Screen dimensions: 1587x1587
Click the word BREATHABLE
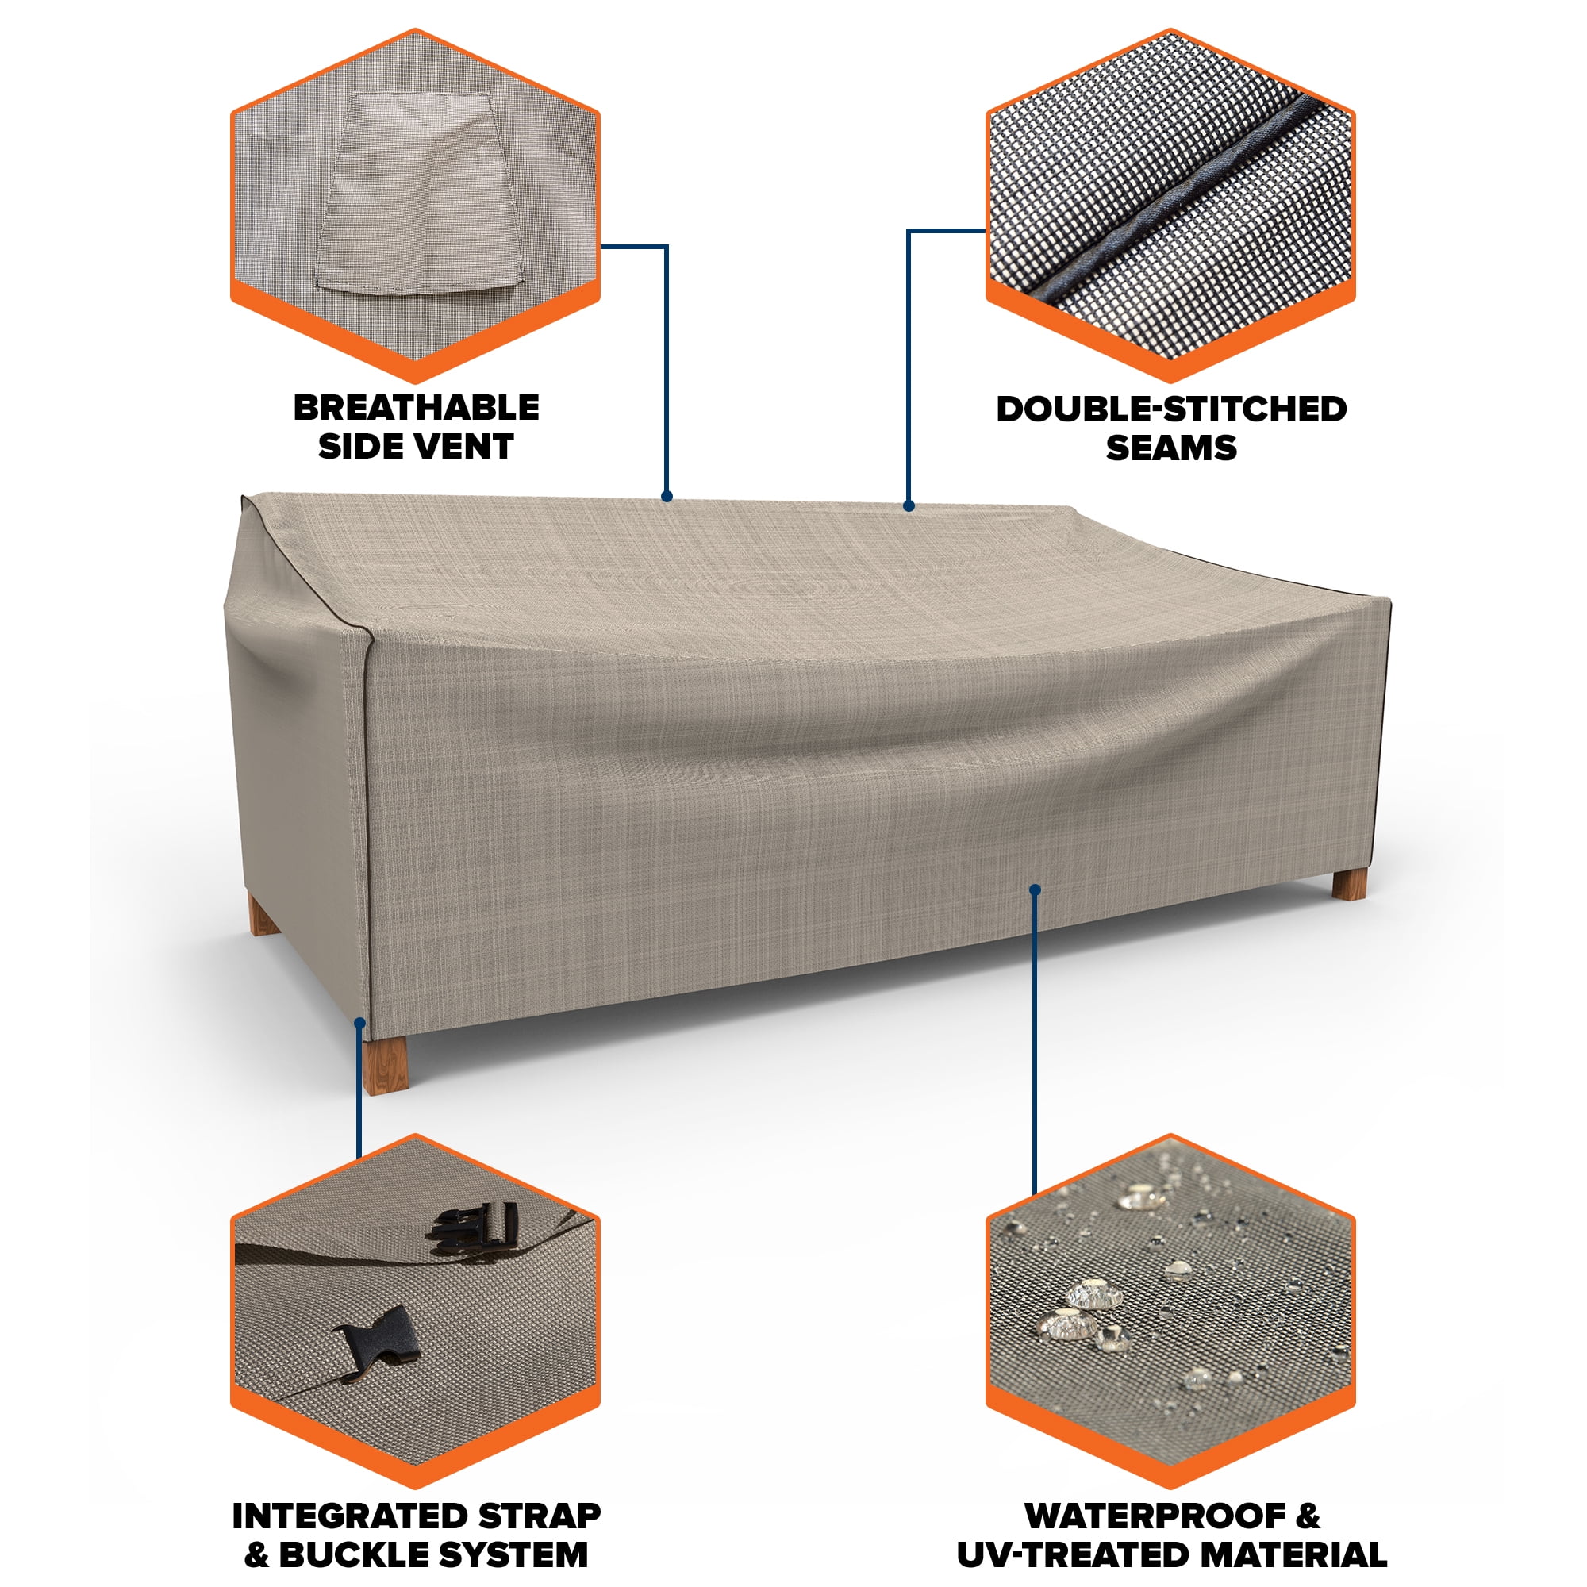pyautogui.click(x=417, y=408)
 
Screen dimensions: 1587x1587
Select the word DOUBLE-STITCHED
pyautogui.click(x=1170, y=409)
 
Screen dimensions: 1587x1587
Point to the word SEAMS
pyautogui.click(x=1170, y=448)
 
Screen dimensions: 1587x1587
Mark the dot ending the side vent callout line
pyautogui.click(x=667, y=496)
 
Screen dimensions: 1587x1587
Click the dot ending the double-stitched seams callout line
pyautogui.click(x=909, y=506)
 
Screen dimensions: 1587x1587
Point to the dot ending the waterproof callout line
pyautogui.click(x=1035, y=890)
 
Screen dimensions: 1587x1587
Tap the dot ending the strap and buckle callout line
pyautogui.click(x=359, y=1023)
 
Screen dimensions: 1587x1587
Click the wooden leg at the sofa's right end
pyautogui.click(x=1350, y=884)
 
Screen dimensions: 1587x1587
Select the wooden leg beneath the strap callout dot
pyautogui.click(x=386, y=1065)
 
